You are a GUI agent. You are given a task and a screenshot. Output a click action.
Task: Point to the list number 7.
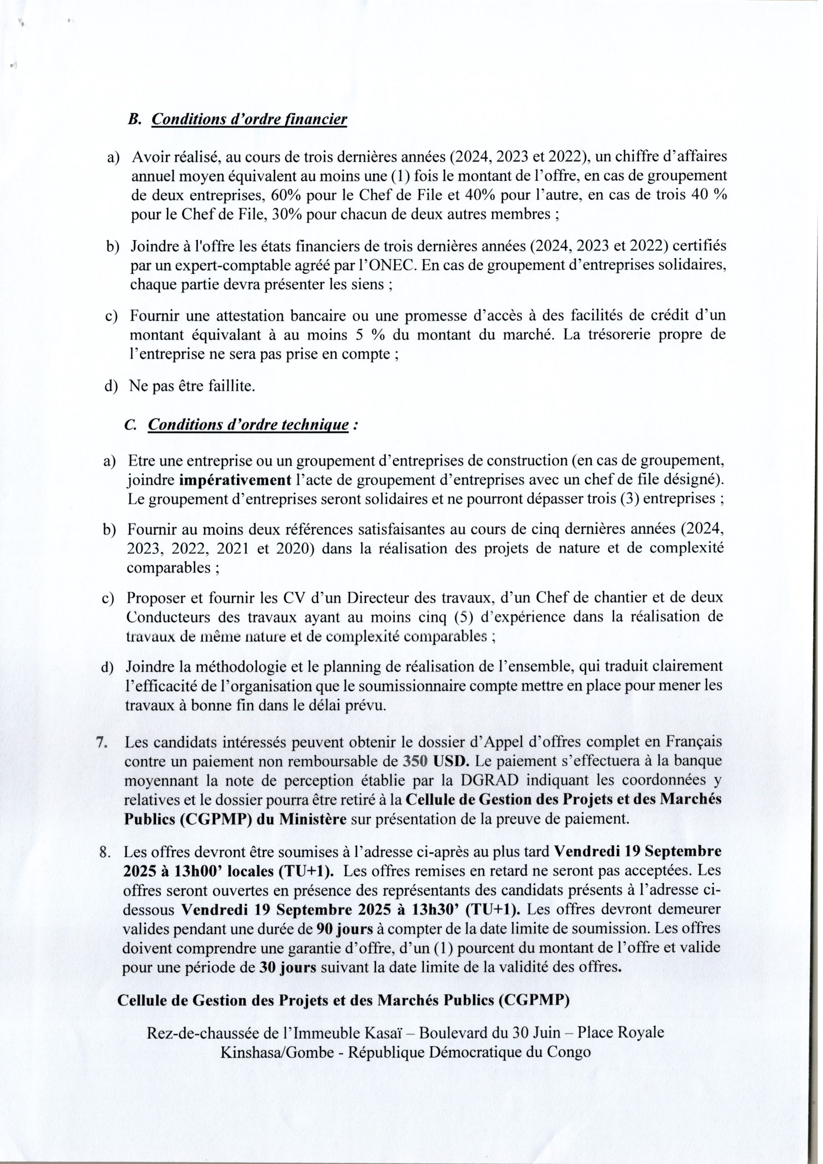pyautogui.click(x=101, y=742)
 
